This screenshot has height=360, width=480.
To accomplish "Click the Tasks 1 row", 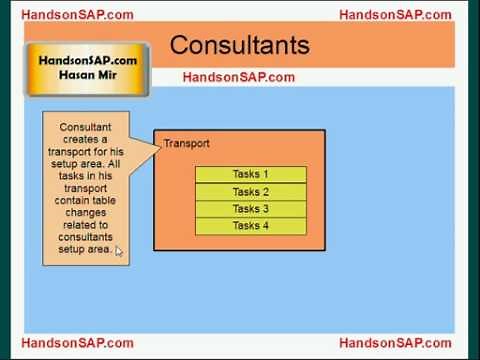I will (250, 175).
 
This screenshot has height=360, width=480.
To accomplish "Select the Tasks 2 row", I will (250, 192).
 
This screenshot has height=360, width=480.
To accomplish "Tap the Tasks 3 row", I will (250, 209).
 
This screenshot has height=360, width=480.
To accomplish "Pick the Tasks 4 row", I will (250, 226).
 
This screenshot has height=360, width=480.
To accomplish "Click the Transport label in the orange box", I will (187, 143).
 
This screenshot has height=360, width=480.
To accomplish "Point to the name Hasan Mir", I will (87, 76).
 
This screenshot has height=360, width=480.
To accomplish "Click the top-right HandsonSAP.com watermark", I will (395, 14).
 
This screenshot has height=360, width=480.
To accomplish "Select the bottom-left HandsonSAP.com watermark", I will (76, 343).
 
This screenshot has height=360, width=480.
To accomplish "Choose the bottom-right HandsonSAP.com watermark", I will (395, 343).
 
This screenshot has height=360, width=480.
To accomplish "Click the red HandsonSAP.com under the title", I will (238, 77).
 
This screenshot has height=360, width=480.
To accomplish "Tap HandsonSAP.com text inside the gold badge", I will (88, 60).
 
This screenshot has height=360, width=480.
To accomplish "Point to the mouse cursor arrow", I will (118, 250).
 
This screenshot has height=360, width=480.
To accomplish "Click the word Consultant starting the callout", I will (85, 128).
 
